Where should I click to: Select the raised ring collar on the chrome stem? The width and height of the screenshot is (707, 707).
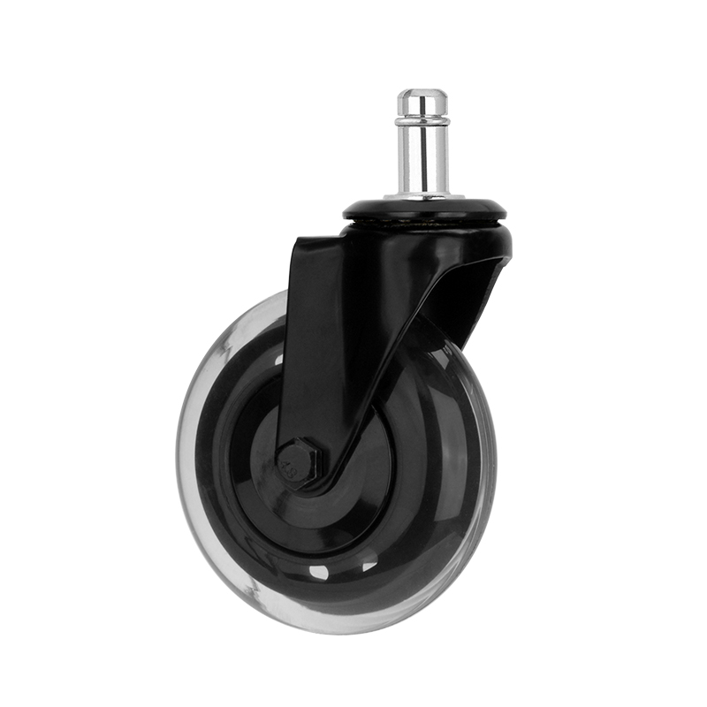[x=422, y=120]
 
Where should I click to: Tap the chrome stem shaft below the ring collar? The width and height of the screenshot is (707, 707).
[x=422, y=159]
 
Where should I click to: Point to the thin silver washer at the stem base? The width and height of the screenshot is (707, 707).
[x=423, y=196]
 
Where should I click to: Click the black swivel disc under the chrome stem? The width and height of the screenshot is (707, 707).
[x=424, y=210]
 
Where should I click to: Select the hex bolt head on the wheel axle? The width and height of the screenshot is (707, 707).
[x=296, y=461]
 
